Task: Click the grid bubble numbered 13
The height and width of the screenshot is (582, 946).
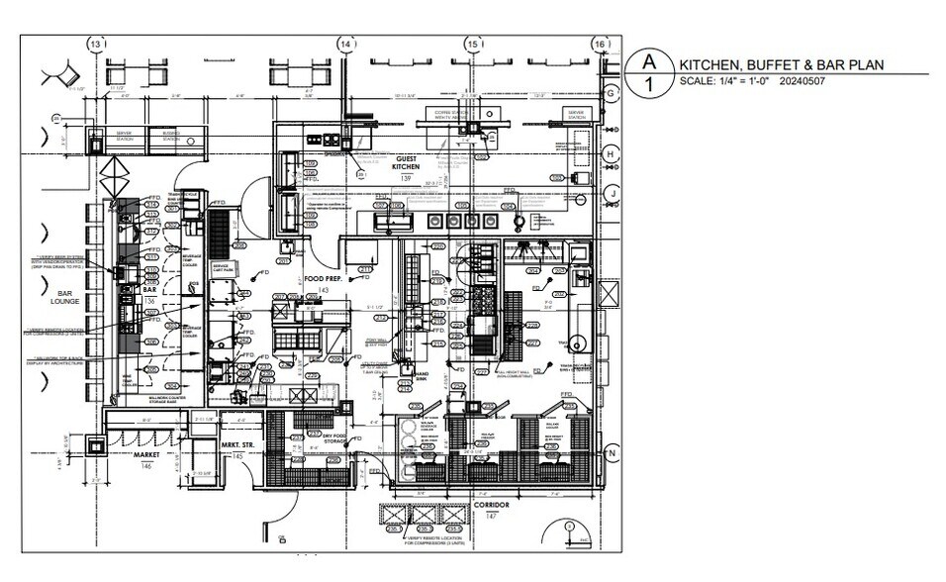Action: click(x=96, y=46)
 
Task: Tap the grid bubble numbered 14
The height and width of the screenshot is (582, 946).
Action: click(x=345, y=46)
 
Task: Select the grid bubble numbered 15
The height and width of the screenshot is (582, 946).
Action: click(x=473, y=46)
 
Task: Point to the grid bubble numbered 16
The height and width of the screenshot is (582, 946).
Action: click(x=599, y=46)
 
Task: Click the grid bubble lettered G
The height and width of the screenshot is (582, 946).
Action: click(x=612, y=93)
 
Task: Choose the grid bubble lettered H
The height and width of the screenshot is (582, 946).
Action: click(x=612, y=154)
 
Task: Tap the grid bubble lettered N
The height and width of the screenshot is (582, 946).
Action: click(x=612, y=453)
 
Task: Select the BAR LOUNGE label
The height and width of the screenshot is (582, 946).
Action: click(x=65, y=296)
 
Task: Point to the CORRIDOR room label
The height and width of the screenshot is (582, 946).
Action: click(x=490, y=506)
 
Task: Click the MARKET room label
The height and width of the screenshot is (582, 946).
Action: click(x=146, y=455)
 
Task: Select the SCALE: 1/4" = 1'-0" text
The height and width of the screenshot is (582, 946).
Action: click(x=725, y=80)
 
